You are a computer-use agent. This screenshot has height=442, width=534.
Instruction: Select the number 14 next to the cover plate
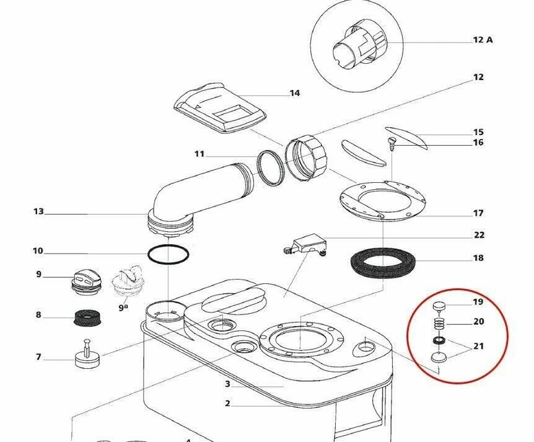click(x=294, y=94)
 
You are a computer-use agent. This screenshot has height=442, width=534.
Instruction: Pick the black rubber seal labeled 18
click(x=382, y=263)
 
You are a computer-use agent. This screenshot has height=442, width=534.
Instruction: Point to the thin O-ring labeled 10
click(x=168, y=254)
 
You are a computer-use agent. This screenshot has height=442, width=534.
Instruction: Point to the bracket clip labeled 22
click(x=309, y=243)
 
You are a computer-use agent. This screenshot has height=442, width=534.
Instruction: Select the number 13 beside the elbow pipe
click(x=38, y=212)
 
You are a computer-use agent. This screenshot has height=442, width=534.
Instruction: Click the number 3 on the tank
click(x=228, y=384)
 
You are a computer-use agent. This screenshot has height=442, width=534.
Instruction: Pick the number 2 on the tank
click(x=228, y=404)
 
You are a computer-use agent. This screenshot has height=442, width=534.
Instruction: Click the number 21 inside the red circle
click(x=478, y=346)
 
